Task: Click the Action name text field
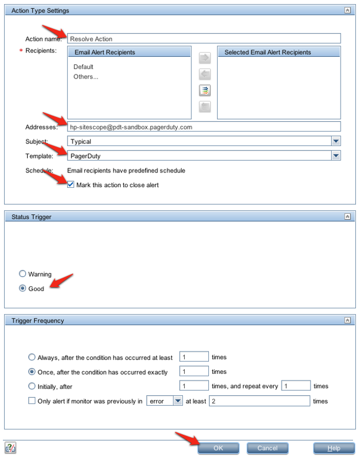tap(204, 39)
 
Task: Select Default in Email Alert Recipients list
tap(84, 67)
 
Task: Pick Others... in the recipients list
tap(86, 76)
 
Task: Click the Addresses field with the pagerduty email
tap(204, 126)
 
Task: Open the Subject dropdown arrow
tap(336, 142)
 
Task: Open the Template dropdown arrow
tap(336, 156)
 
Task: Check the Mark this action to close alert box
tap(71, 185)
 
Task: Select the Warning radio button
tap(23, 274)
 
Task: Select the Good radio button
tap(23, 289)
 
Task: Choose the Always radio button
tap(32, 357)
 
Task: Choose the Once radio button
tap(32, 372)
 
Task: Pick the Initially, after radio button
tap(32, 386)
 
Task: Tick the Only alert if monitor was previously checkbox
tap(32, 401)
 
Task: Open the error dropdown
tap(178, 401)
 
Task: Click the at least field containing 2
tap(260, 401)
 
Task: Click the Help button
tap(333, 448)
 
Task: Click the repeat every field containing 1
tap(296, 386)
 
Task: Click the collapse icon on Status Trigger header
tap(348, 217)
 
